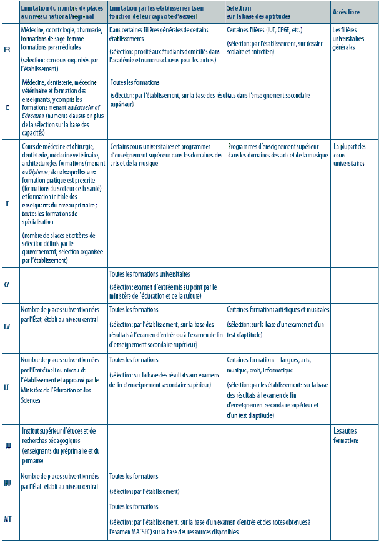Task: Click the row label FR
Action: point(7,49)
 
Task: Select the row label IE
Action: point(7,107)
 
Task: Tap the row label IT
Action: point(7,204)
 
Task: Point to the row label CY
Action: point(7,284)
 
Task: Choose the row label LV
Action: point(7,327)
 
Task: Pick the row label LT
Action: point(7,387)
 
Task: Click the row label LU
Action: point(7,445)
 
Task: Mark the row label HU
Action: point(7,484)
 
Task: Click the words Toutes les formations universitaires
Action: point(150,274)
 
